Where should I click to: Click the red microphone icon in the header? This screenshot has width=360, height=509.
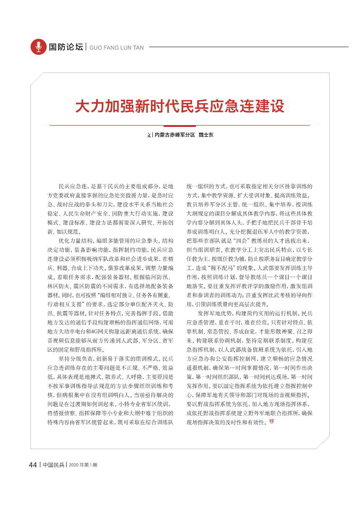tap(39, 47)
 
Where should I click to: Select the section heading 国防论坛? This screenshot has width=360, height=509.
tap(66, 47)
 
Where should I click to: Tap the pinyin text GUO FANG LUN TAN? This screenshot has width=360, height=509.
tap(117, 47)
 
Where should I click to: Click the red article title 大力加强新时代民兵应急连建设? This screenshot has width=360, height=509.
tap(180, 107)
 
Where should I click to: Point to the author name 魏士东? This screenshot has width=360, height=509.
tap(206, 135)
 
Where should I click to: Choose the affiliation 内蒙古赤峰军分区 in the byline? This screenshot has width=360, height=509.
tap(175, 135)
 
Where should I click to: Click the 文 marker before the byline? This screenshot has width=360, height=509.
tap(148, 135)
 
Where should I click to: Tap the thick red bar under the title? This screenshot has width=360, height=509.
tap(180, 126)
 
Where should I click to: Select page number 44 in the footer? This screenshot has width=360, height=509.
tap(33, 465)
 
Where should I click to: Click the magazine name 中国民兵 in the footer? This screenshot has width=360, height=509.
tap(54, 465)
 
